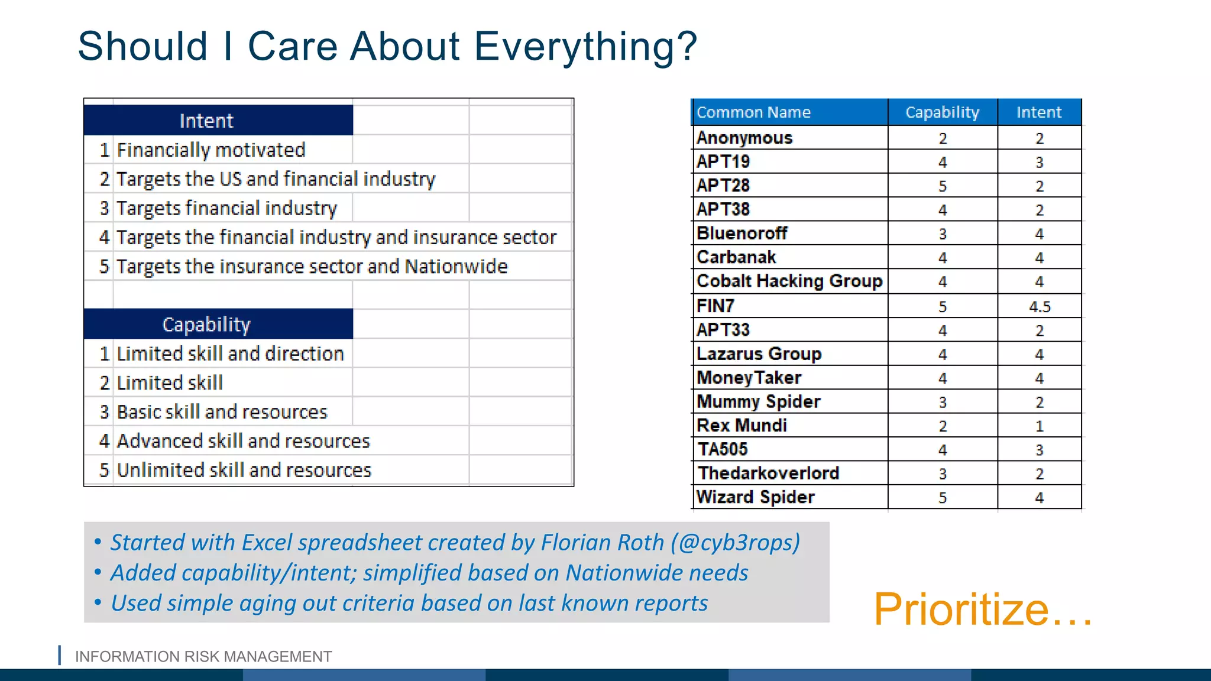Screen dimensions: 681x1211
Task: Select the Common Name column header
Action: pyautogui.click(x=753, y=112)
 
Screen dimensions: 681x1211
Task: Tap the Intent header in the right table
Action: pyautogui.click(x=1039, y=112)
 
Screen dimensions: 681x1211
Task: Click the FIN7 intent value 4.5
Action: pyautogui.click(x=1040, y=307)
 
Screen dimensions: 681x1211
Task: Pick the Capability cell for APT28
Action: pyautogui.click(x=943, y=186)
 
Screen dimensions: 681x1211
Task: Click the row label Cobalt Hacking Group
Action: pyautogui.click(x=789, y=281)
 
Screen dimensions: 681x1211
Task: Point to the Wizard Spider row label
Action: pyautogui.click(x=755, y=497)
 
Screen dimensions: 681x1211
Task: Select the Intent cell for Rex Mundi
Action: pyautogui.click(x=1040, y=426)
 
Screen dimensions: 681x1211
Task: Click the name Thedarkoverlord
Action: pyautogui.click(x=768, y=474)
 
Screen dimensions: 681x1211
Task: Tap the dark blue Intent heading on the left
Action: pyautogui.click(x=207, y=121)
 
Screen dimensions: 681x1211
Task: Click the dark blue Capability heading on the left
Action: pyautogui.click(x=207, y=325)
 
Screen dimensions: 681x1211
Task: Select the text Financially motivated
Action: pyautogui.click(x=211, y=150)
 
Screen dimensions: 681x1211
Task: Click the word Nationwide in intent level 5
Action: pyautogui.click(x=456, y=267)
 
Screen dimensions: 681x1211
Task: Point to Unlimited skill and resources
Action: pyautogui.click(x=244, y=471)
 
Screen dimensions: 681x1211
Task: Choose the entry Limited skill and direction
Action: pyautogui.click(x=230, y=354)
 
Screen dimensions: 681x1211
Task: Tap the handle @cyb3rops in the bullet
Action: pyautogui.click(x=736, y=543)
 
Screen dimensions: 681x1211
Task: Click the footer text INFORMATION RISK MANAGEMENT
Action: pyautogui.click(x=203, y=657)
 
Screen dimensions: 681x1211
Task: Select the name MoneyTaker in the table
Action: pyautogui.click(x=749, y=378)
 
